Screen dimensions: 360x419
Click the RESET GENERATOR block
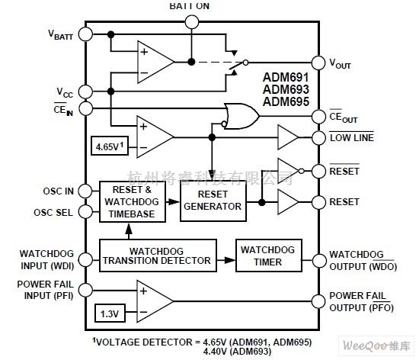(x=212, y=201)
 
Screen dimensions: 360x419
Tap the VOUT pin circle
(x=318, y=63)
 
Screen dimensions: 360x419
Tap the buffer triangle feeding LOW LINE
(x=289, y=137)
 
